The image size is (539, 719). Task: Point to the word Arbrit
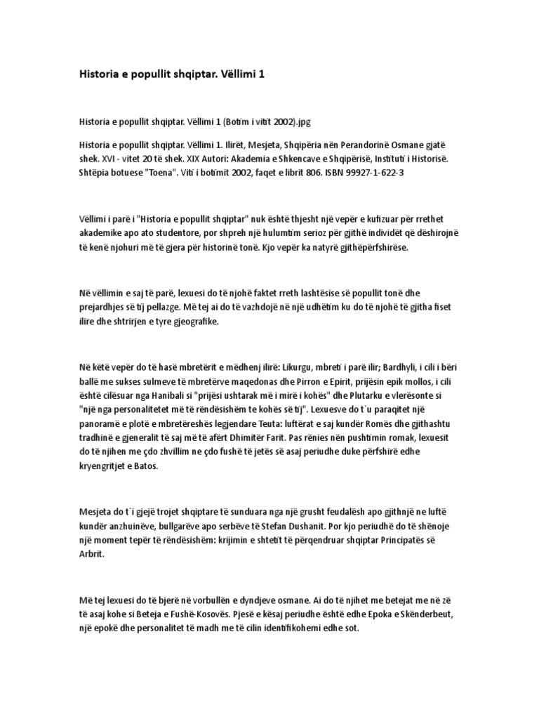(x=91, y=554)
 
